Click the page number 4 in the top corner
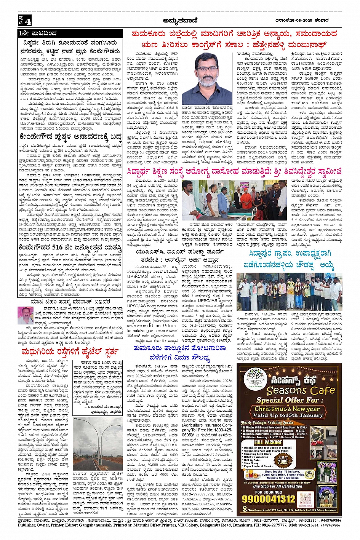tap(28, 20)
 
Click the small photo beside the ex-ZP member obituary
tap(26, 315)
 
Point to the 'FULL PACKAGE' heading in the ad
tap(268, 443)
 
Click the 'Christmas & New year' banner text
tap(290, 409)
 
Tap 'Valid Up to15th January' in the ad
tap(290, 415)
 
